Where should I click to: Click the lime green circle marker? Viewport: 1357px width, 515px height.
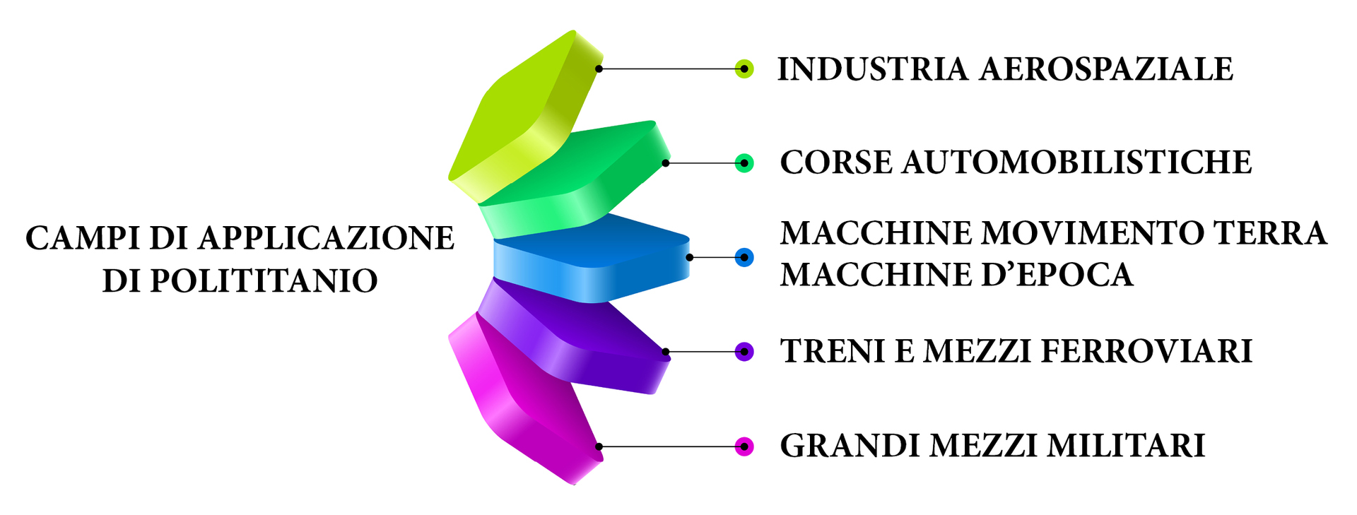coord(744,69)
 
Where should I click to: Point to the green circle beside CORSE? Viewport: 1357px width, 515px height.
coord(744,163)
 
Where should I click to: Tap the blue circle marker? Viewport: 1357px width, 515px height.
coord(744,257)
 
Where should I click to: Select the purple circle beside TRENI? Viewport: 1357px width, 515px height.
coord(744,351)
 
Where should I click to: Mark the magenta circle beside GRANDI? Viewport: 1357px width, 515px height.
coord(744,446)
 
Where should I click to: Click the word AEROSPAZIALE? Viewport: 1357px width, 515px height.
coord(1106,69)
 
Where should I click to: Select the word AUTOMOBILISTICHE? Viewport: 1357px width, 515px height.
coord(1077,162)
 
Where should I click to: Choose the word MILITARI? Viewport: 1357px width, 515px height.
coord(1126,446)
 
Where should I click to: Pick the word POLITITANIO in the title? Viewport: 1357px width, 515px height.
coord(264,281)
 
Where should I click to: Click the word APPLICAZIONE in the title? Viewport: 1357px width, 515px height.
coord(326,238)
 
